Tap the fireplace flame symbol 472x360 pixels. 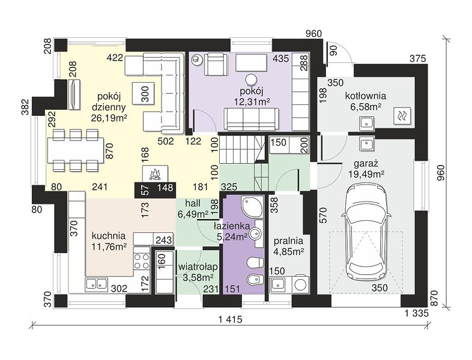coord(155,175)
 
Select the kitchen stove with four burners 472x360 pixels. coord(142,261)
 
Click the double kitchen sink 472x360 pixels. coord(96,284)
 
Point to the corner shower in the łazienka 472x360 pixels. coord(252,206)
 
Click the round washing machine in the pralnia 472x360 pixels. coord(301,284)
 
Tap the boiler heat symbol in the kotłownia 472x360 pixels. coord(402,115)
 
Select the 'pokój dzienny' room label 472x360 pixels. coord(109,101)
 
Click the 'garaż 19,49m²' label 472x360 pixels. coord(366,169)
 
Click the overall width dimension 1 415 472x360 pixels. coord(230,319)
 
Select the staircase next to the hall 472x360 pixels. coord(244,163)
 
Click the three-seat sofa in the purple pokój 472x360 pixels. coord(252,119)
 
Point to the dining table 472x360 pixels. coord(76,150)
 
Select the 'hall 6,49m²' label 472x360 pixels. coord(193,209)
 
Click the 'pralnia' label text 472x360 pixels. coord(288,241)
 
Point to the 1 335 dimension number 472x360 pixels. coord(416,314)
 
